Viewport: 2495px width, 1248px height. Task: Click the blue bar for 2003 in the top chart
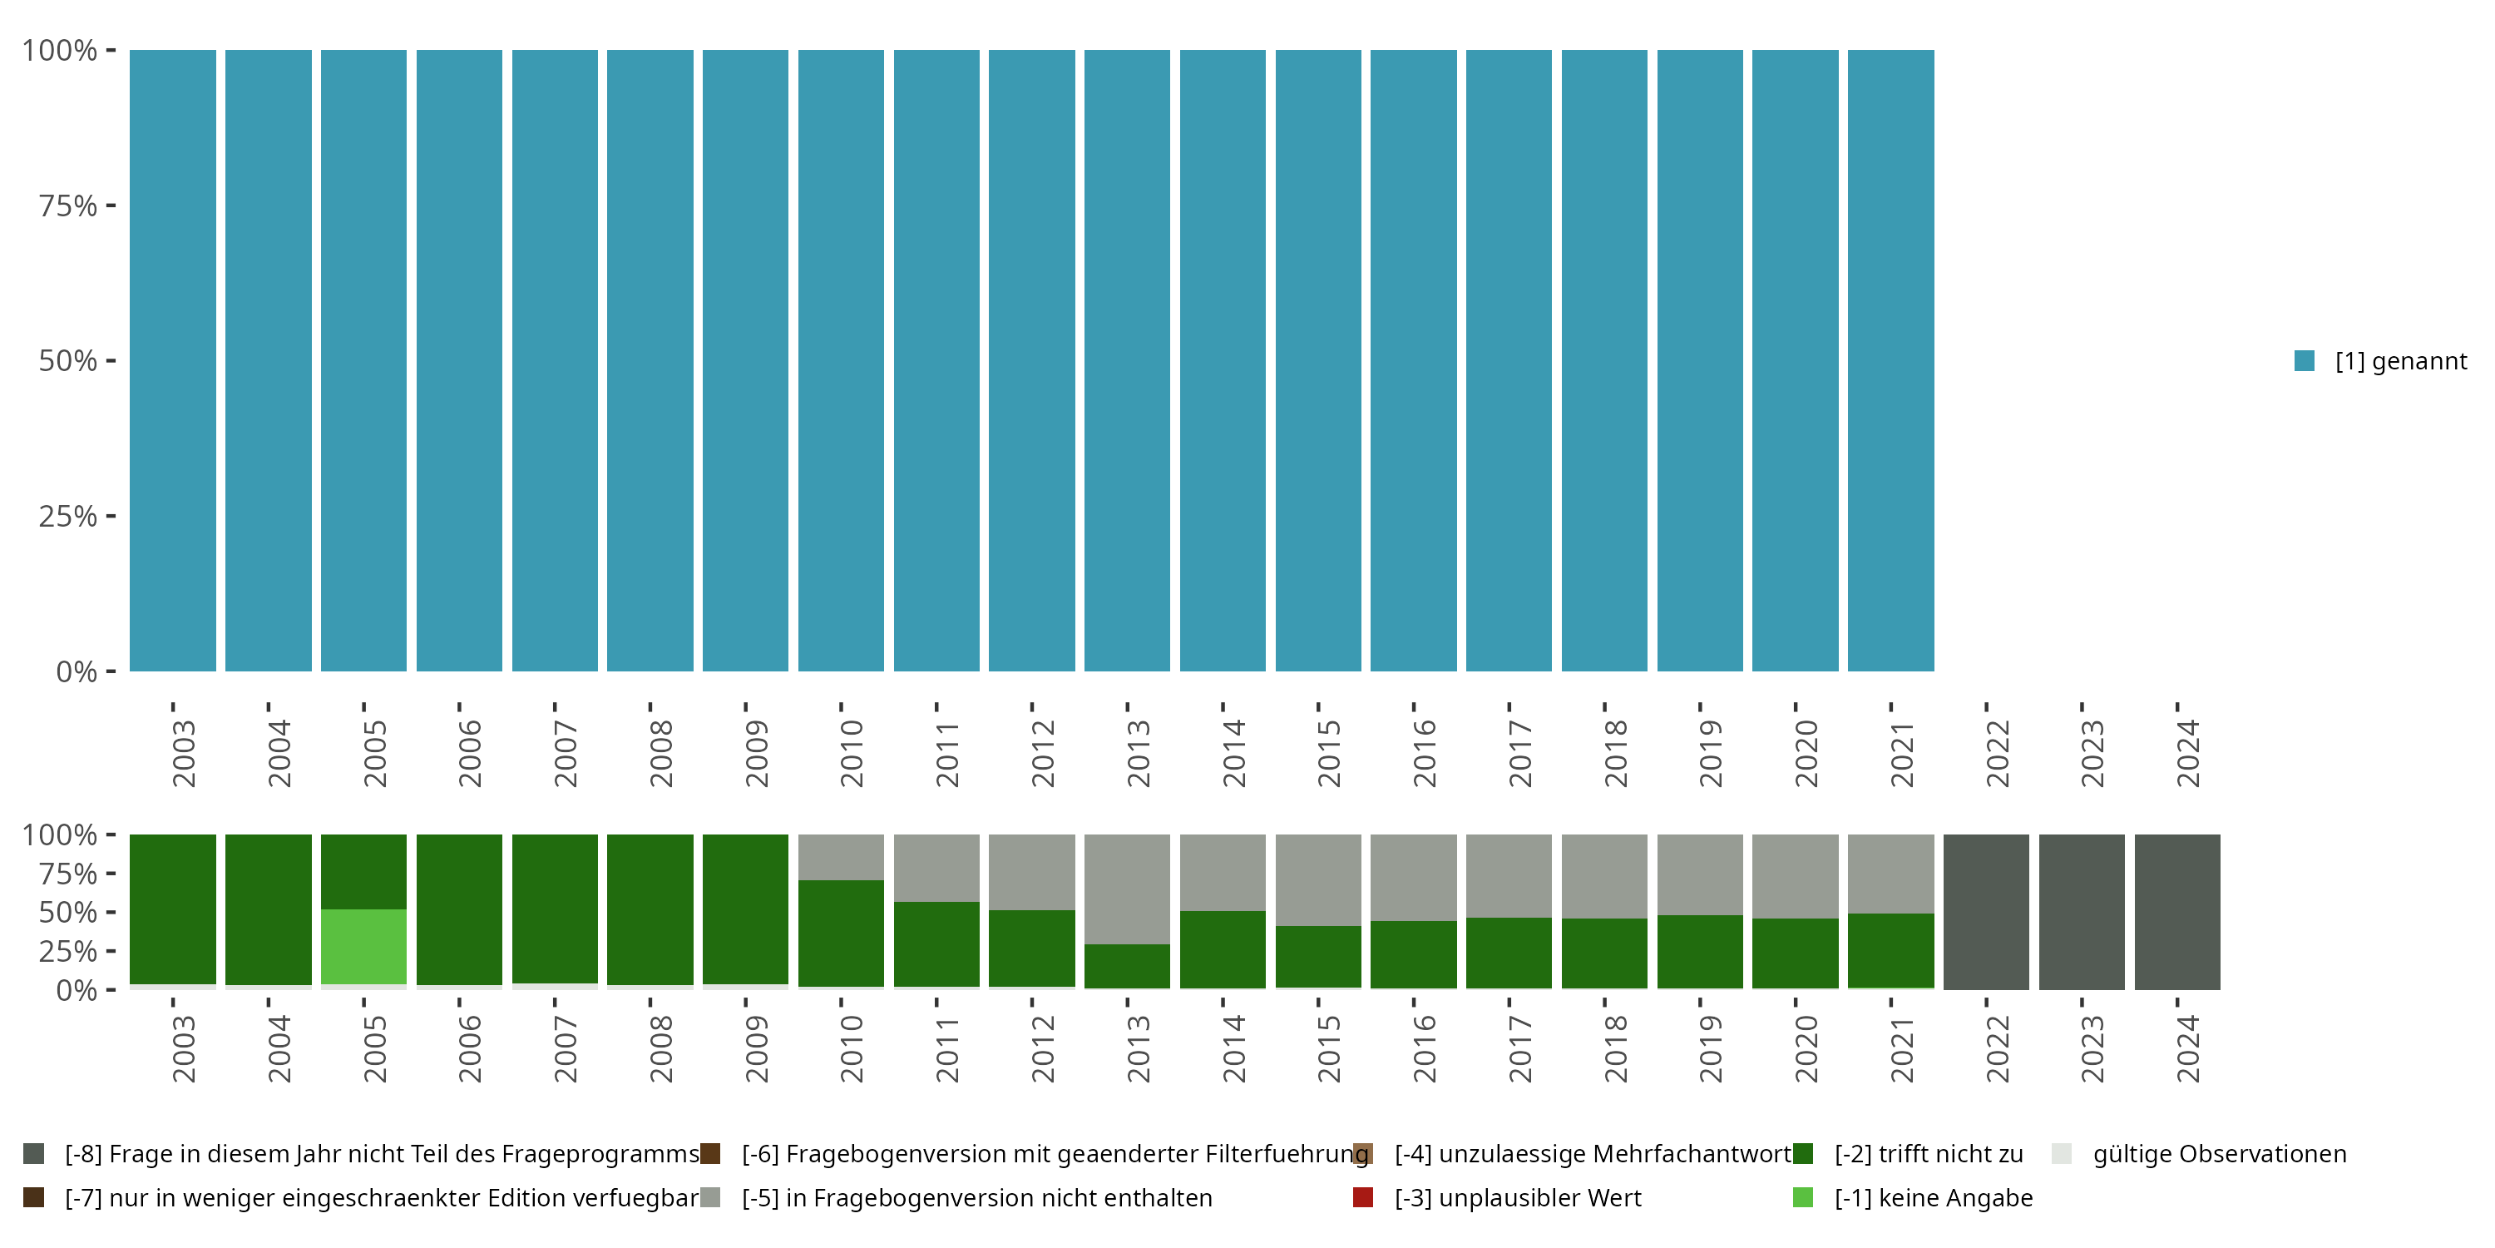click(x=172, y=360)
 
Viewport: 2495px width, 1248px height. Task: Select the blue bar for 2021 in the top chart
click(x=1890, y=360)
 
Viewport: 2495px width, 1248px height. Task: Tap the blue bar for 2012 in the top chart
click(x=1031, y=360)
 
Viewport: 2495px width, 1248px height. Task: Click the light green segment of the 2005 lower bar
click(x=363, y=947)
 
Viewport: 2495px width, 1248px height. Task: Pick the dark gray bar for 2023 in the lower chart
click(x=2082, y=912)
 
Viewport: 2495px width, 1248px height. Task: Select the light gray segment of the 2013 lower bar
click(x=1126, y=889)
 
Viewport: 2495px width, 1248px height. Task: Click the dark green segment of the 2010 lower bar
click(x=841, y=934)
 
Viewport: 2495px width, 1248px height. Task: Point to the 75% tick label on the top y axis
click(x=68, y=206)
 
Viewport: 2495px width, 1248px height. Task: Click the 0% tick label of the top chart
click(x=77, y=671)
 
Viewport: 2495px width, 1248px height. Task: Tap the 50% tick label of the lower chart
click(x=68, y=913)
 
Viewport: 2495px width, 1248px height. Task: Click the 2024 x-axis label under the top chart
click(x=2187, y=754)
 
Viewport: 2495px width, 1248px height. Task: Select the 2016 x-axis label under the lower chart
click(x=1424, y=1049)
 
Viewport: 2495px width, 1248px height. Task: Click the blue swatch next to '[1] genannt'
click(x=2305, y=360)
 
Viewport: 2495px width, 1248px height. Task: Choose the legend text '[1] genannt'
click(x=2400, y=360)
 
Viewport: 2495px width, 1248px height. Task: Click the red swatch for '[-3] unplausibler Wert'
click(x=1363, y=1197)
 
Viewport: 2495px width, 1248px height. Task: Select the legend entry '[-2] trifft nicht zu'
click(x=1929, y=1154)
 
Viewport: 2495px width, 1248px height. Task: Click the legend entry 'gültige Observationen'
click(x=2219, y=1154)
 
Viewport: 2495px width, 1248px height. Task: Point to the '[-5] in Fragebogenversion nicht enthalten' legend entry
click(x=976, y=1197)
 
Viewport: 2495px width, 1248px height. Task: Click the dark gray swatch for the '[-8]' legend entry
click(x=34, y=1154)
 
